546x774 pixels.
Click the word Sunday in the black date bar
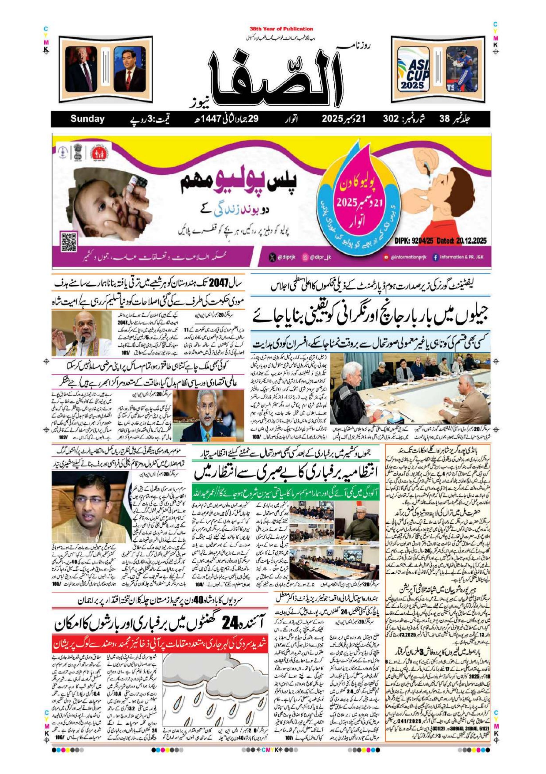click(87, 119)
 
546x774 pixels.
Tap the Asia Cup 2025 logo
click(413, 69)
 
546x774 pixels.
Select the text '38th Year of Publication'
click(281, 29)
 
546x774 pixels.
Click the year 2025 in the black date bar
click(332, 119)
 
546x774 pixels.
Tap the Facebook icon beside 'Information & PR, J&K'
click(435, 257)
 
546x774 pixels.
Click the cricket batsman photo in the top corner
click(462, 69)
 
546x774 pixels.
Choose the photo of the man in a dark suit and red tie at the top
click(130, 69)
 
